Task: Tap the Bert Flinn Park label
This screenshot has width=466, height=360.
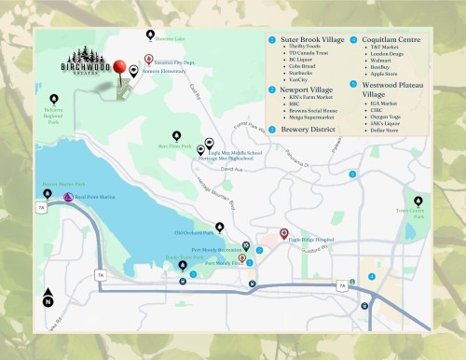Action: [x=175, y=146]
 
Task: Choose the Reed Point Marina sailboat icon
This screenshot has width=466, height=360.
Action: [x=67, y=198]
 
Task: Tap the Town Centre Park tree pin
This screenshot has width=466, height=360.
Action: [x=418, y=201]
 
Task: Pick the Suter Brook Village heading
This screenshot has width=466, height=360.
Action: [x=311, y=41]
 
